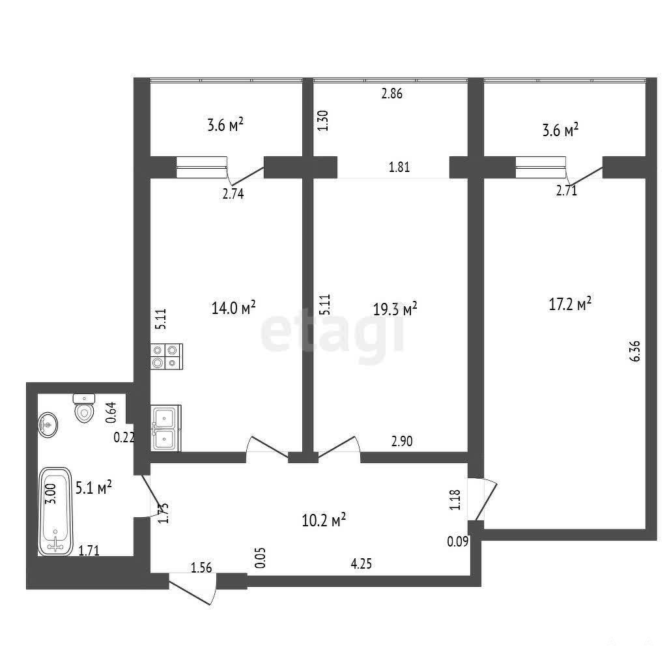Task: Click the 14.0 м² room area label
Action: (234, 307)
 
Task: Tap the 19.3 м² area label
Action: (395, 309)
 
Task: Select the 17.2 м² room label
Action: (570, 304)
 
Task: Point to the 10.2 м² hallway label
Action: (324, 519)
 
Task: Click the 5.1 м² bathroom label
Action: (94, 487)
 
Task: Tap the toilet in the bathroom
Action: (84, 408)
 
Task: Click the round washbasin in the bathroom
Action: (48, 424)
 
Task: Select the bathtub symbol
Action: (55, 511)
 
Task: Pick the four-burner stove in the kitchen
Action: (166, 356)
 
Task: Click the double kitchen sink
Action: (166, 428)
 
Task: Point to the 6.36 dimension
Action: (634, 351)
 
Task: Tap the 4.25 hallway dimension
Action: (361, 564)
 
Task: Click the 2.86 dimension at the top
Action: (391, 94)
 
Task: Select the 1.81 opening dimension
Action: (399, 167)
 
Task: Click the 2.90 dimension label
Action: (402, 441)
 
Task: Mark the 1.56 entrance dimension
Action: (201, 567)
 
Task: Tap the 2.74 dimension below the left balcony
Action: (233, 194)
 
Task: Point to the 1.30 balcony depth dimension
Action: (323, 121)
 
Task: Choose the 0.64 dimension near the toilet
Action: (111, 412)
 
